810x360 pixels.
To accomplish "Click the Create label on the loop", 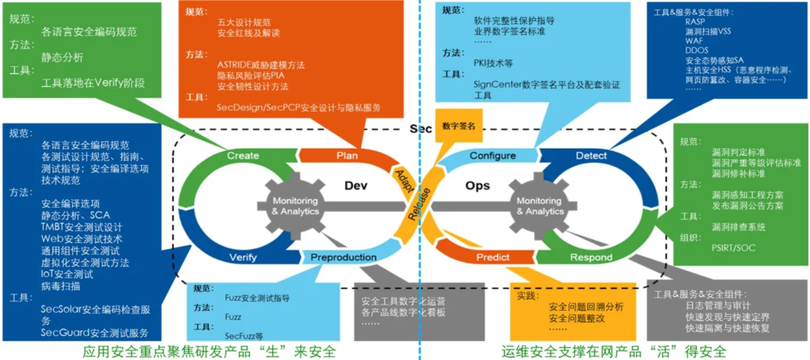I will point(242,156).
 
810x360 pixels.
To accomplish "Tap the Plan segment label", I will point(346,156).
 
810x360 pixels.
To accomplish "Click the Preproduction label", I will point(343,257).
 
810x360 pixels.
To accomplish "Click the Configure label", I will point(493,156).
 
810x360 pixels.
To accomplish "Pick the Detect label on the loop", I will point(591,156).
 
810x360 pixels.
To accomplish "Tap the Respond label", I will point(591,257).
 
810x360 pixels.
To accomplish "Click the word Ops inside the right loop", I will point(478,185).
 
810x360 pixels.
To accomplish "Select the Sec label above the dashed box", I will point(421,129).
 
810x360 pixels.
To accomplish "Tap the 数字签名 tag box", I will point(459,126).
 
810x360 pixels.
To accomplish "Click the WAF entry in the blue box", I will point(694,42).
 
